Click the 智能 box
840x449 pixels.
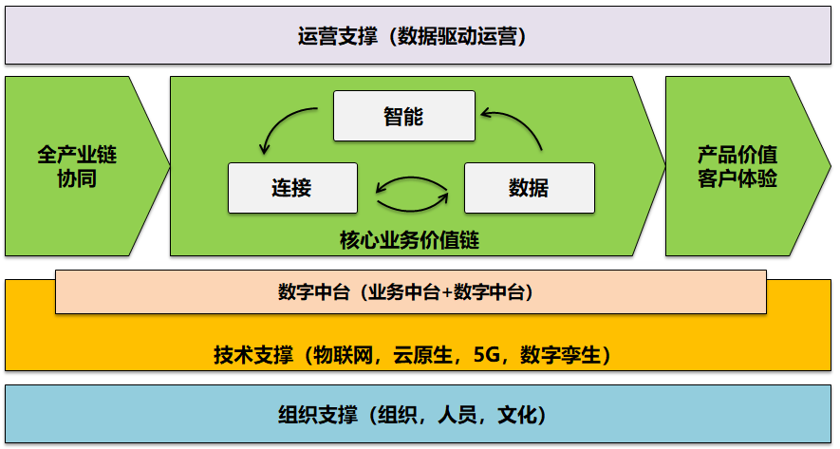(403, 116)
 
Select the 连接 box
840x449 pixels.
(292, 187)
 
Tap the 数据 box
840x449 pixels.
(529, 187)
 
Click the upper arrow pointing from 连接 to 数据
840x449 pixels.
(412, 178)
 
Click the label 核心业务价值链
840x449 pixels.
(409, 240)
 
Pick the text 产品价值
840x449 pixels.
(737, 155)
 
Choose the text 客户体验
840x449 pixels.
(737, 178)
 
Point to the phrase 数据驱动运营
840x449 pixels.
(462, 37)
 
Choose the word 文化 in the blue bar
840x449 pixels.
(517, 415)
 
